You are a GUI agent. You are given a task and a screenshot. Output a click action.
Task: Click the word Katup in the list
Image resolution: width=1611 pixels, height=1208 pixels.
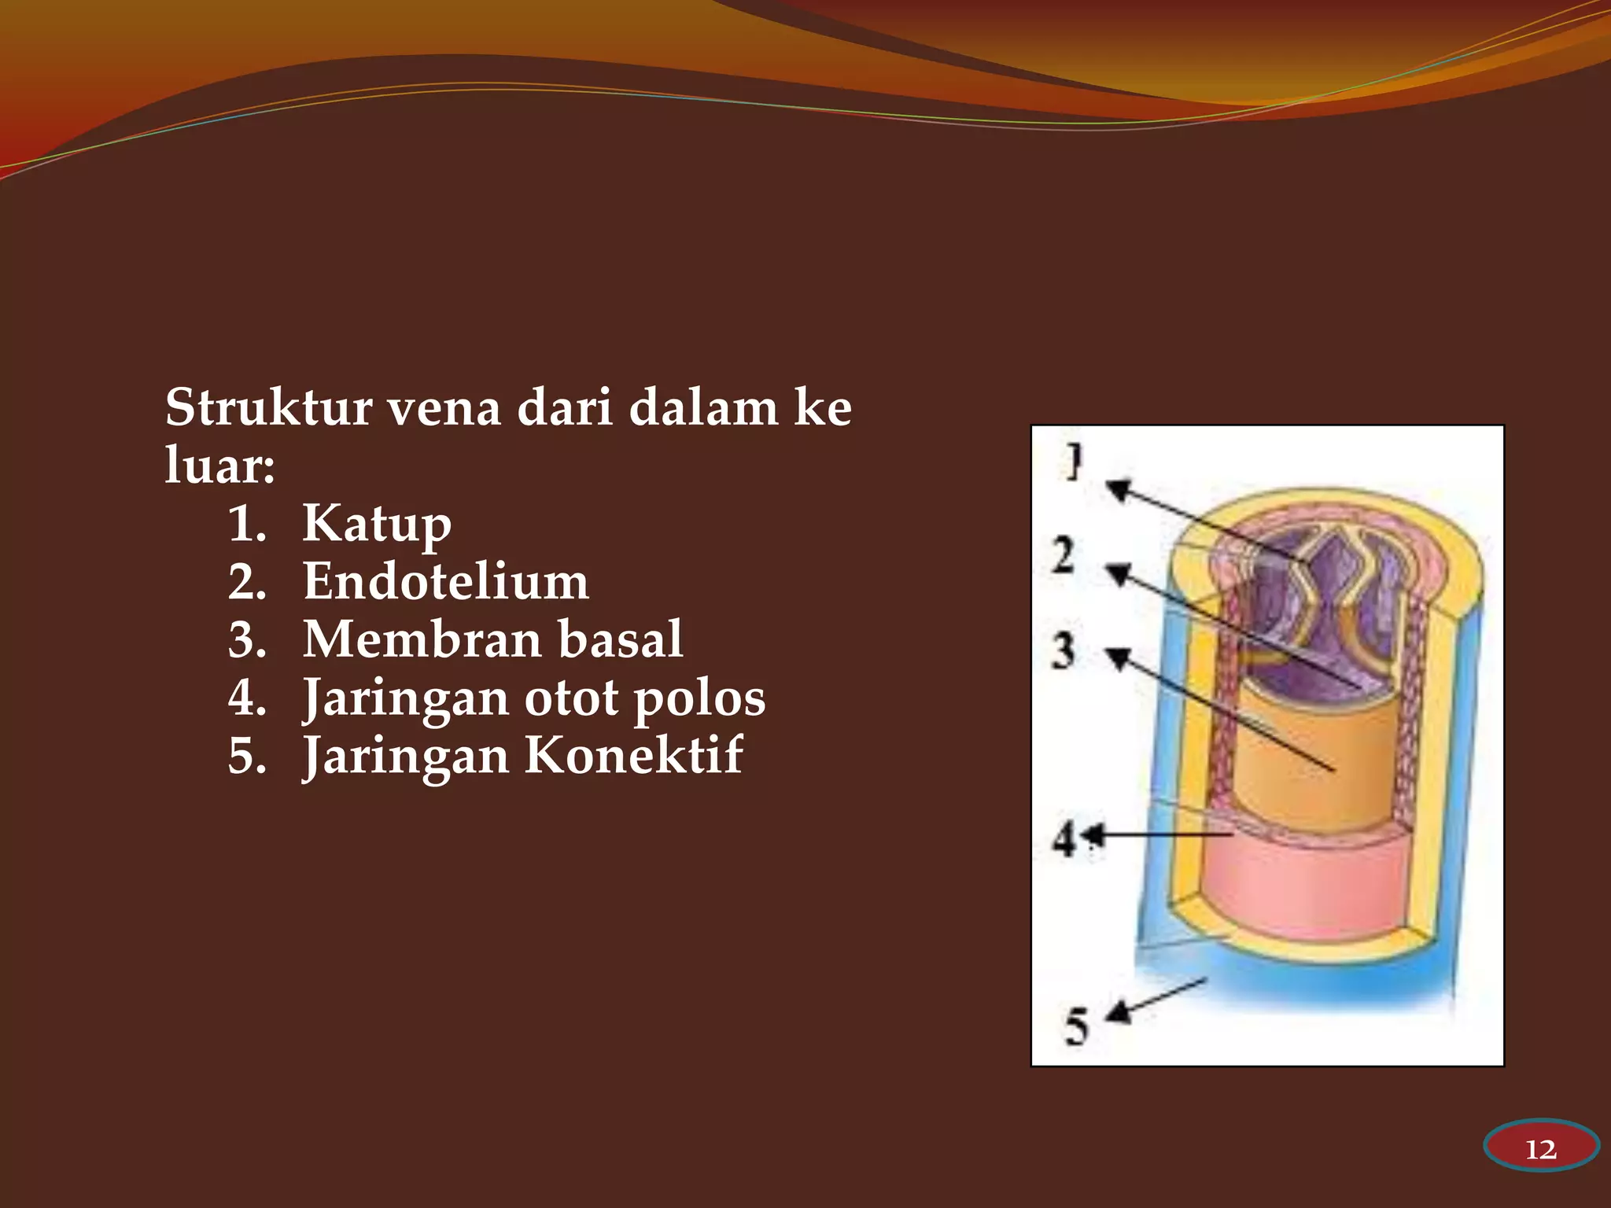(x=377, y=525)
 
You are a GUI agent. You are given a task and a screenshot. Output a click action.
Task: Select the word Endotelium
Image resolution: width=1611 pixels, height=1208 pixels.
(x=445, y=582)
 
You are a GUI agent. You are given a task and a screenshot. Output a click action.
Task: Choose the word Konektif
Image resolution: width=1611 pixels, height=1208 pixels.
(x=633, y=756)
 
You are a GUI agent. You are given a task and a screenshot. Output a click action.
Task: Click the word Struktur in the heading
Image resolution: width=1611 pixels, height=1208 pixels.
(x=268, y=408)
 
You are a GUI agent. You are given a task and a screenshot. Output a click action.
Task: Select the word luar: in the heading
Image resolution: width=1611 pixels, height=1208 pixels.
(x=219, y=466)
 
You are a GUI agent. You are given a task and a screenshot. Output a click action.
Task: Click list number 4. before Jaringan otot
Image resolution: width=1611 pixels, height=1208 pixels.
(x=247, y=698)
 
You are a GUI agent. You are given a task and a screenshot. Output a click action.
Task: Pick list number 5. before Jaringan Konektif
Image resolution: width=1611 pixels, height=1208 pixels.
(x=247, y=756)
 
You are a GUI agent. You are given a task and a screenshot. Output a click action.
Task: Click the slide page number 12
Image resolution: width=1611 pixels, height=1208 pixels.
(x=1540, y=1150)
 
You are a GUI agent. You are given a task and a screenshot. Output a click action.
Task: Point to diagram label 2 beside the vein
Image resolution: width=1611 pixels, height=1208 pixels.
(x=1064, y=555)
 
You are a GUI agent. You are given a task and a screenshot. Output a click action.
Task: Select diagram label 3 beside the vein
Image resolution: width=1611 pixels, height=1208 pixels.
(x=1064, y=651)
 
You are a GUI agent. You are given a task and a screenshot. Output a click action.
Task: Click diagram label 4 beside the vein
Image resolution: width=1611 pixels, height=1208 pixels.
(x=1064, y=839)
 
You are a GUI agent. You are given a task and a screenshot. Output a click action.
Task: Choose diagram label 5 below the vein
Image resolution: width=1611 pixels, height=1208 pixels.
(x=1075, y=1027)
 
